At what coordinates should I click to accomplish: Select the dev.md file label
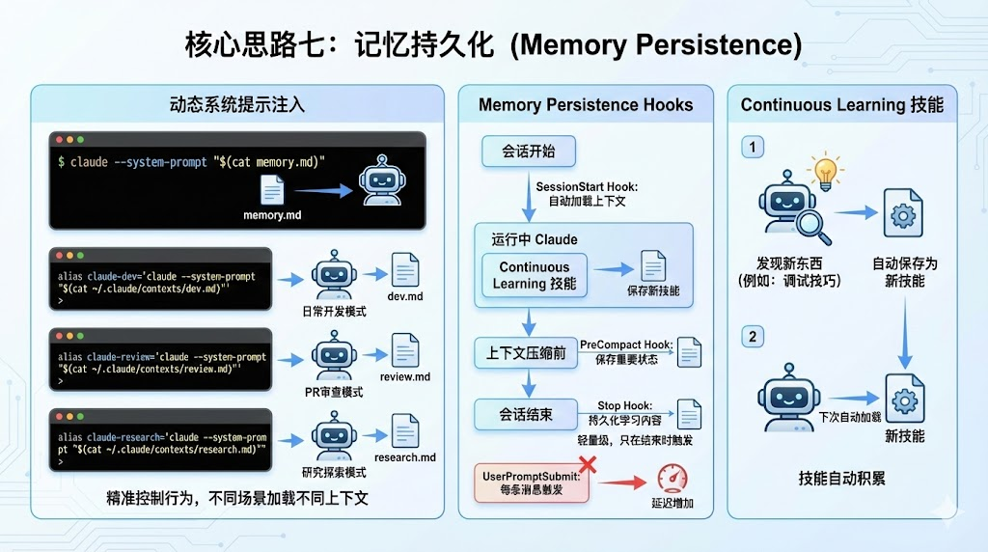point(404,296)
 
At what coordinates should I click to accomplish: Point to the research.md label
point(404,456)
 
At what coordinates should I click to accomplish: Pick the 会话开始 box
point(528,152)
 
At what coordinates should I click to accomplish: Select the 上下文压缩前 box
point(526,353)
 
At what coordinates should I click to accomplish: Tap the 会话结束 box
point(526,414)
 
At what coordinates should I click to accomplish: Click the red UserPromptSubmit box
point(532,483)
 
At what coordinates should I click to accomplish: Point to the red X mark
point(585,465)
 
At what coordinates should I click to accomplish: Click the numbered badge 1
point(752,147)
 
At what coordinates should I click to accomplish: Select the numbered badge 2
point(752,336)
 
